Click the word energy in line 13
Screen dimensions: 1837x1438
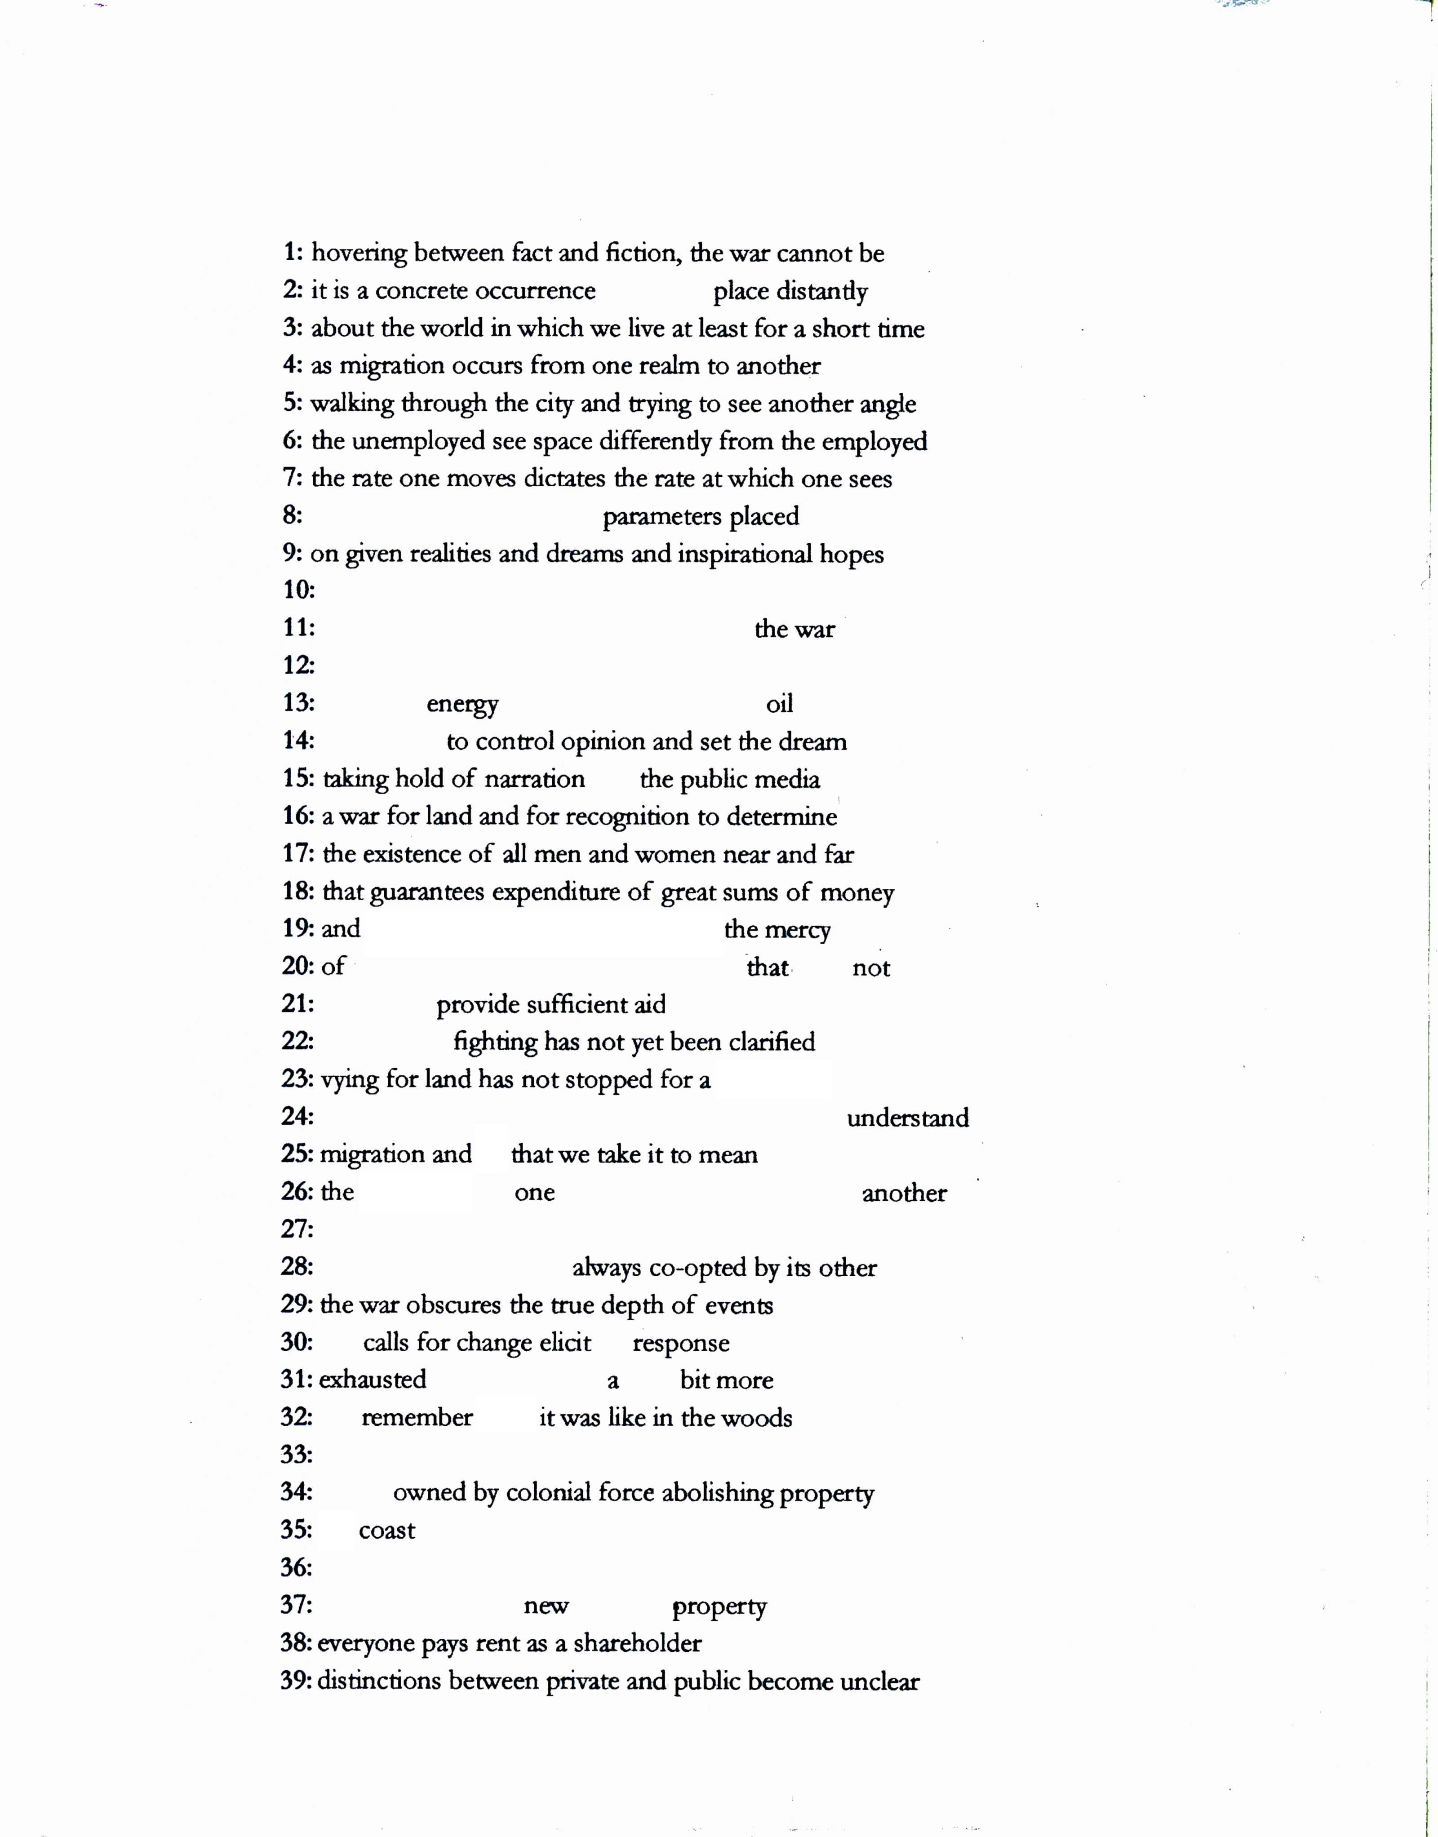coord(462,705)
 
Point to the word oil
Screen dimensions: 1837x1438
coord(780,704)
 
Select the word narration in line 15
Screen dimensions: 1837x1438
coord(535,780)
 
